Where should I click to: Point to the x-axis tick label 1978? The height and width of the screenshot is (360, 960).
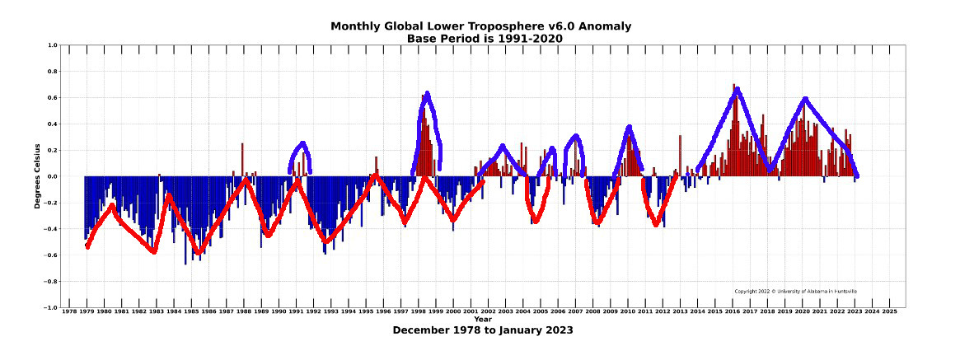point(68,312)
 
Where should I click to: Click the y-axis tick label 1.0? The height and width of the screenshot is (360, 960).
point(51,45)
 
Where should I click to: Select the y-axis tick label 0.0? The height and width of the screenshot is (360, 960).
point(51,176)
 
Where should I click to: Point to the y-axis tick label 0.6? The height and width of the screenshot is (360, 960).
point(51,98)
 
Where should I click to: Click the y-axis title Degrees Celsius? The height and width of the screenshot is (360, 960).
point(38,175)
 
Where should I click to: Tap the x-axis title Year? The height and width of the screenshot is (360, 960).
point(483,320)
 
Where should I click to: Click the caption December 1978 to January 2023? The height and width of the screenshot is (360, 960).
point(482,330)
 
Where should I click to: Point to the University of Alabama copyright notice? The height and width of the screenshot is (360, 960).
point(795,291)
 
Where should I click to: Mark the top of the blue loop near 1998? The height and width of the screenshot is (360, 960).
point(428,94)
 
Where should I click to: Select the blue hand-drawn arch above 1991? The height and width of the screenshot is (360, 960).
point(301,145)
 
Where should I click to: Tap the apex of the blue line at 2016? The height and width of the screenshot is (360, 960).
point(737,90)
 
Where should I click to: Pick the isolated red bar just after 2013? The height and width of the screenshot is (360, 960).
point(680,156)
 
